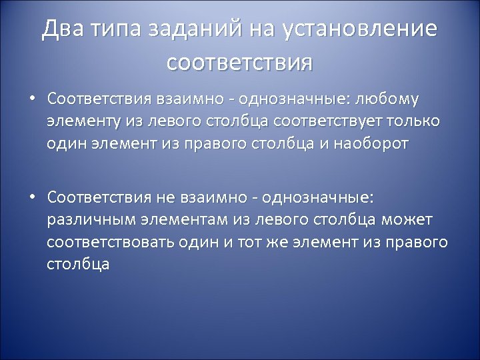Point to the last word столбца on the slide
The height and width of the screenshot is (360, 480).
(79, 263)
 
